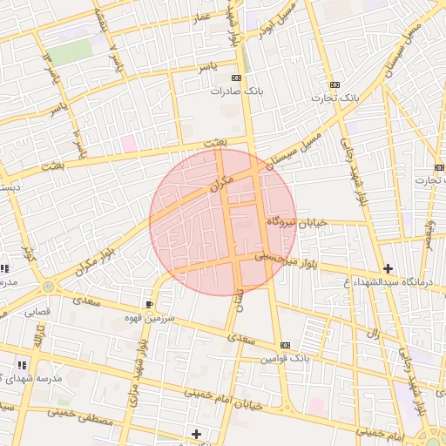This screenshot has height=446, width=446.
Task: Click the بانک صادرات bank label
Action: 236,91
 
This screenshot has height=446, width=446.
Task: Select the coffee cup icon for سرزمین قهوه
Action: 150,304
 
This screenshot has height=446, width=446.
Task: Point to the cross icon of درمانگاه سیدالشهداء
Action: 388,268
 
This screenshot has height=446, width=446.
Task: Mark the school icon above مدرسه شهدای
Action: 21,365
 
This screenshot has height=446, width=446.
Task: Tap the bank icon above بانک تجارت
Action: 334,84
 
